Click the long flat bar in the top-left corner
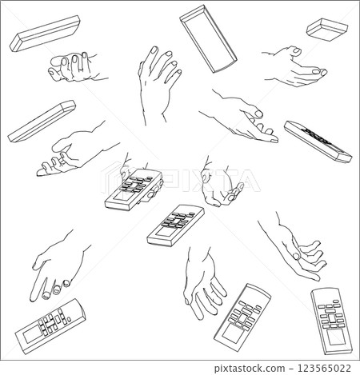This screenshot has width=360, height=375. pos(45,33)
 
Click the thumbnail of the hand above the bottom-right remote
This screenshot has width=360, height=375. pos(297,257)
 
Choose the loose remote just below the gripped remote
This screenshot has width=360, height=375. pos(174,225)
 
